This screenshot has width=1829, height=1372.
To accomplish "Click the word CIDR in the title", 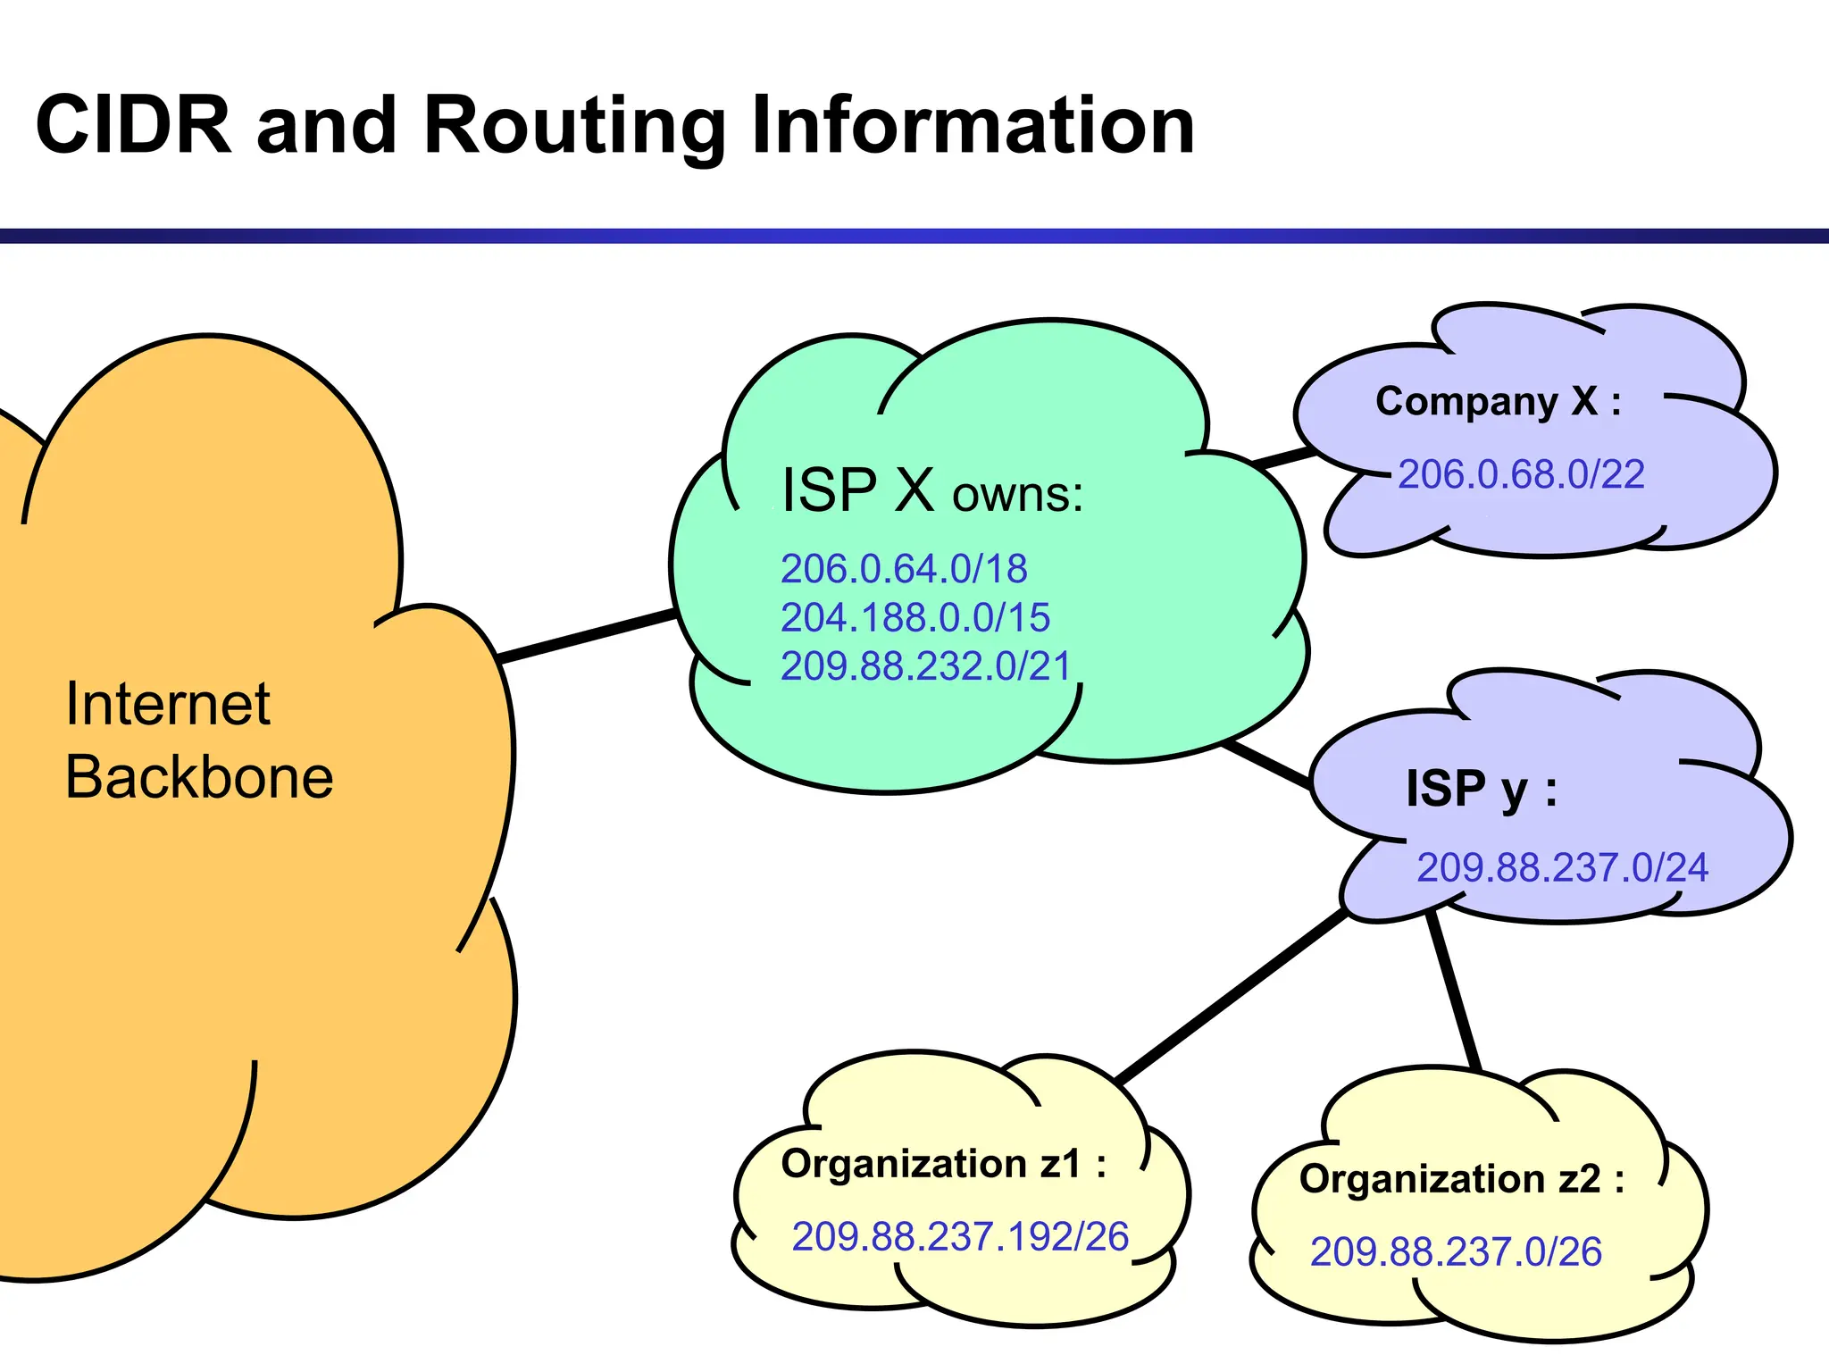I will point(134,125).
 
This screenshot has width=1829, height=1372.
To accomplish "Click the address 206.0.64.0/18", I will point(904,569).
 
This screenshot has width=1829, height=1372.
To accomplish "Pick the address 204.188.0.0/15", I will point(914,617).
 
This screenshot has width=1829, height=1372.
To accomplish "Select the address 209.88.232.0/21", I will point(925,666).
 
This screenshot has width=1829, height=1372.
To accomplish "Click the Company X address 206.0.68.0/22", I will point(1521,474).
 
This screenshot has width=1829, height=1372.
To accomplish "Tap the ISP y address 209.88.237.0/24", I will point(1562,868).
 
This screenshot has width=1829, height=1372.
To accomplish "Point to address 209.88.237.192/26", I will point(960,1237).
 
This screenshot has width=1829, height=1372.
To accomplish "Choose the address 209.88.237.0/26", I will point(1456,1252).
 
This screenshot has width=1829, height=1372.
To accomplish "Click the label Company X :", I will point(1498,401).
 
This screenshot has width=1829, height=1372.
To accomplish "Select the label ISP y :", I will point(1481,789).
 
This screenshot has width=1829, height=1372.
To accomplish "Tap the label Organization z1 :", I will point(943,1164).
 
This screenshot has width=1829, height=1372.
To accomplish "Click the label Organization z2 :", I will point(1461,1179).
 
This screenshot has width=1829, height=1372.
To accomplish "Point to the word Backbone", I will point(199,777).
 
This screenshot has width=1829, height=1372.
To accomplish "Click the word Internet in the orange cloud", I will point(168,704).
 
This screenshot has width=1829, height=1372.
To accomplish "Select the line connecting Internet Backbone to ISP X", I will point(585,636).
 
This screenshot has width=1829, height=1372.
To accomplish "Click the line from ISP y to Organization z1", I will point(1232,996).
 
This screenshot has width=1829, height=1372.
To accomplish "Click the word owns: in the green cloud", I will point(1017,494).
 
